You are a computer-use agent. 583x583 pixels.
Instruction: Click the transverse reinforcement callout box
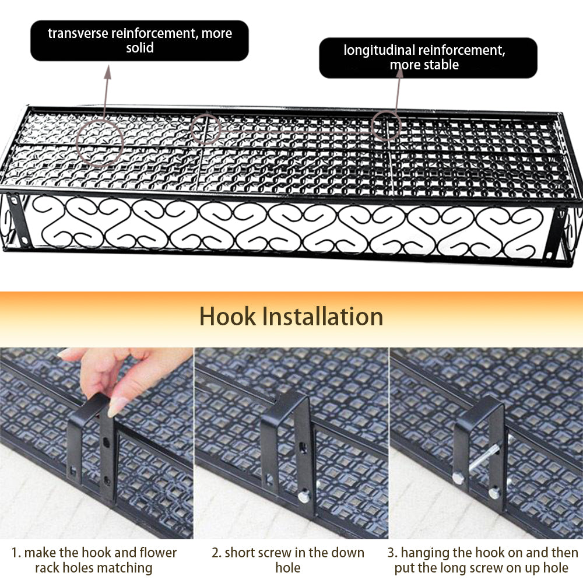point(139,40)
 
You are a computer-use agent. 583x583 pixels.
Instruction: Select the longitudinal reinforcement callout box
point(427,58)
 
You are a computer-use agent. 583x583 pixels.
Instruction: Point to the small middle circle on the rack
point(205,129)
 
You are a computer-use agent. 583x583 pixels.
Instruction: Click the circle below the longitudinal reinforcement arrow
point(386,125)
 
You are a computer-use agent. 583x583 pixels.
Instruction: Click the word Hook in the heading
point(227,317)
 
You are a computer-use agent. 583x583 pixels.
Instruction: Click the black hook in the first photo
point(92,443)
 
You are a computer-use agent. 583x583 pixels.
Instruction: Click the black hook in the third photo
point(479,443)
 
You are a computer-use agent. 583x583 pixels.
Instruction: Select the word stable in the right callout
point(439,65)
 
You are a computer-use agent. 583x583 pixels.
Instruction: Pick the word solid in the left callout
point(140,48)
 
